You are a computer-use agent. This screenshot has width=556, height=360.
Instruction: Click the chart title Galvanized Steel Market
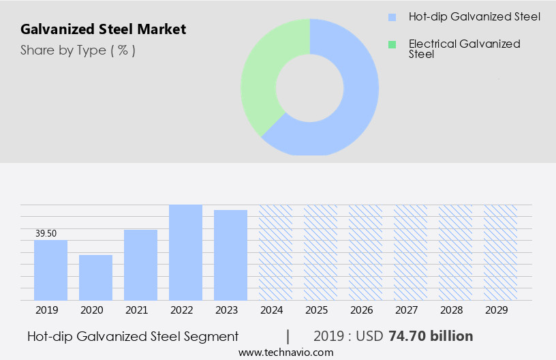pos(103,29)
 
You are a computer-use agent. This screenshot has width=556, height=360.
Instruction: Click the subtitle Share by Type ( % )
pos(78,50)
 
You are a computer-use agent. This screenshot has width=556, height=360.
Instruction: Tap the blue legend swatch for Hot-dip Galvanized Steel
pos(391,16)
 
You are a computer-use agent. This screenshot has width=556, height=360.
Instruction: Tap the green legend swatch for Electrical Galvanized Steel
pos(391,44)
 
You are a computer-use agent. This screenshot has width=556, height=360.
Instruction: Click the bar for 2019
pos(50,270)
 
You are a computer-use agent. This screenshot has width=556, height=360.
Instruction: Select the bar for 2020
pos(95,277)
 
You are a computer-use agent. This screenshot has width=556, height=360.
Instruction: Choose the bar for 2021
pos(140,265)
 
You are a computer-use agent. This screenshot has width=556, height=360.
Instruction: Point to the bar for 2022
pos(185,252)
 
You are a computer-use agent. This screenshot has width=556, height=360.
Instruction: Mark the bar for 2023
pos(230,255)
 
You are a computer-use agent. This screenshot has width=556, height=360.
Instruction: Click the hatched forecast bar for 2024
pos(275,252)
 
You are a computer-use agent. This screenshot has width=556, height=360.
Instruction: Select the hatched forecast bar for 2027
pos(410,252)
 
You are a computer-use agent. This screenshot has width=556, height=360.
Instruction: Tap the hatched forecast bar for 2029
pos(500,252)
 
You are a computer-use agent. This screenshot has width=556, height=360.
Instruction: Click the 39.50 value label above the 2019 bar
pos(46,234)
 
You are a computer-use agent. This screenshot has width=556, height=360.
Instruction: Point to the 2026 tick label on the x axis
pos(361,310)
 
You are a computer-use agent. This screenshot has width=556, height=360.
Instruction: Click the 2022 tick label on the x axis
pos(181,310)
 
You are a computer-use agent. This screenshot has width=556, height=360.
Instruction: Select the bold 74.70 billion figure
pos(431,336)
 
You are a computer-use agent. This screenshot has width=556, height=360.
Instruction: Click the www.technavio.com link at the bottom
pos(285,352)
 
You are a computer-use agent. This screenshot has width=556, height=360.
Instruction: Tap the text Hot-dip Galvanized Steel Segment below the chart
pos(133,336)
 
